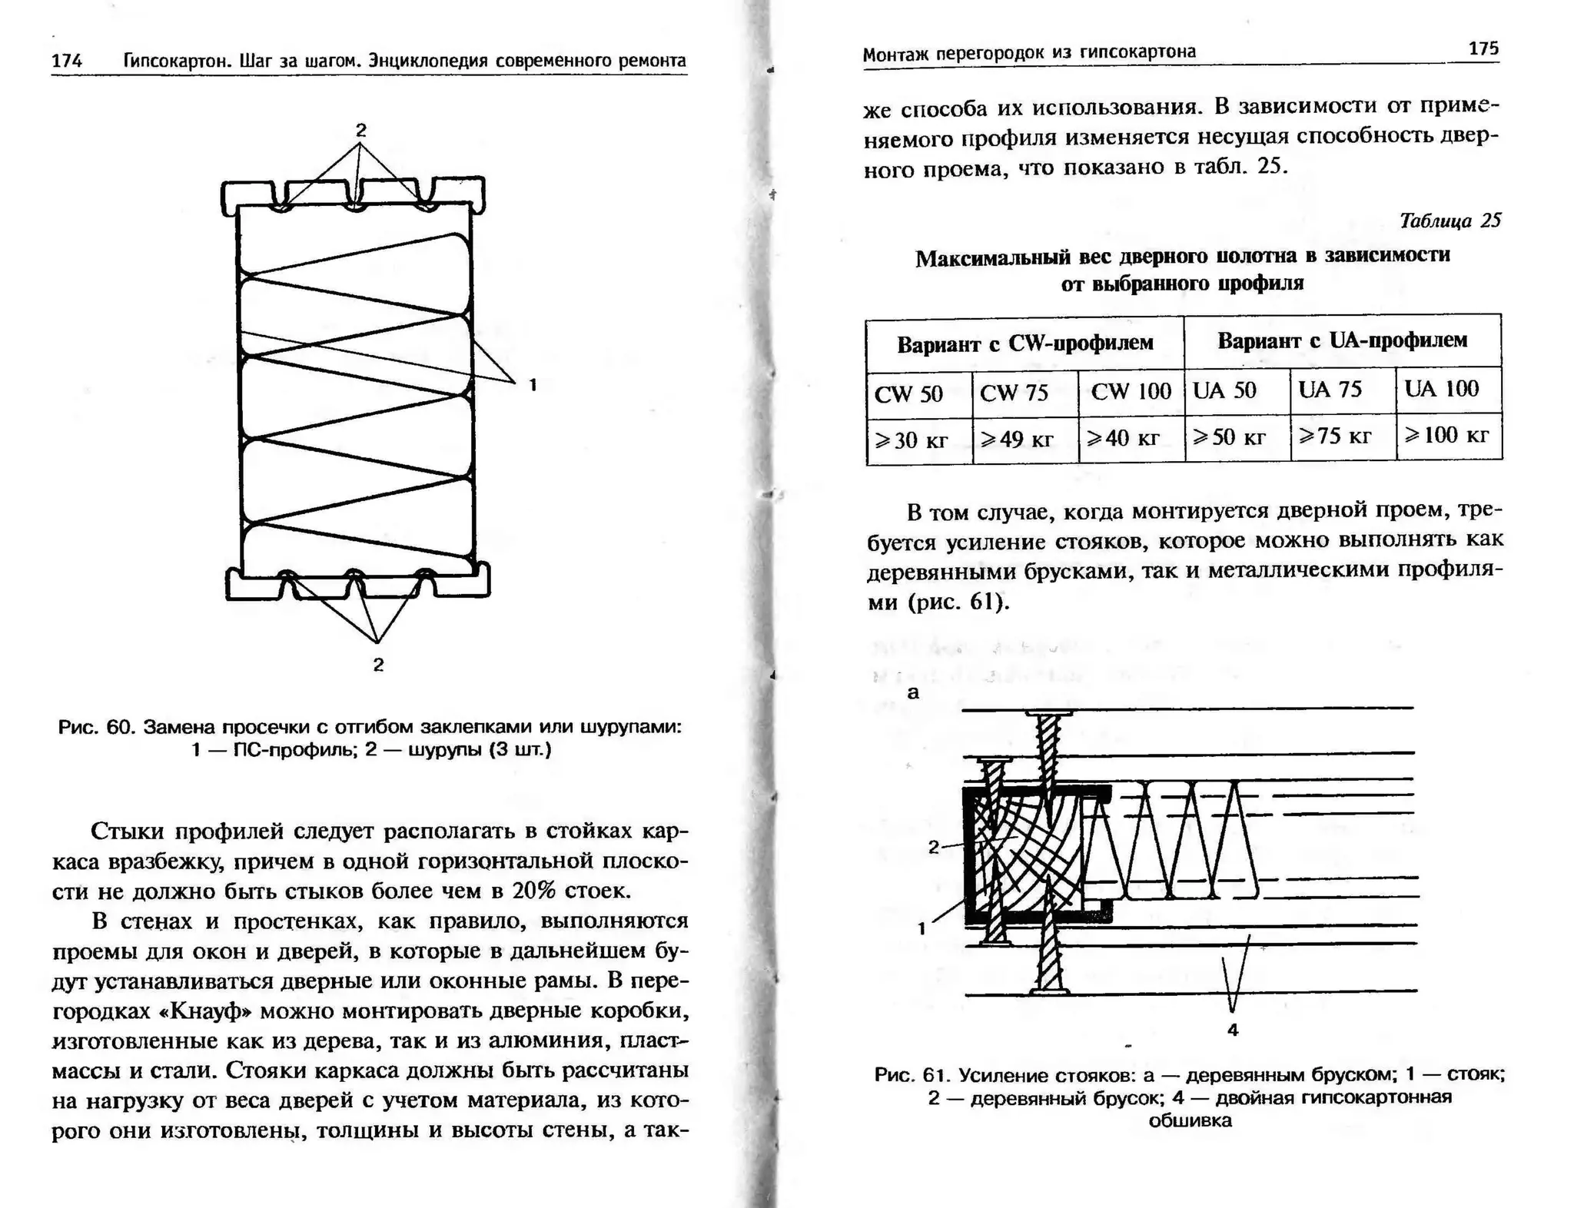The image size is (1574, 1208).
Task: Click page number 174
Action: tap(67, 61)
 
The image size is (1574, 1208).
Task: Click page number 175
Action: tap(1483, 48)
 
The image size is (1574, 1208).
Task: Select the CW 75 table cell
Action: tap(1014, 393)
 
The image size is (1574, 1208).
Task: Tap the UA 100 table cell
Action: tap(1441, 389)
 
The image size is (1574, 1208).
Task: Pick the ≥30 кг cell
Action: tap(912, 440)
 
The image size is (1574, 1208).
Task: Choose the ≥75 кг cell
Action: tap(1335, 436)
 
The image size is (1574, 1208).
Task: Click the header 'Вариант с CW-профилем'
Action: tap(1024, 343)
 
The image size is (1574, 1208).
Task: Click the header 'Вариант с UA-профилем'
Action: tap(1342, 340)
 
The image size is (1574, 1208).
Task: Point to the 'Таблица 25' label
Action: tap(1449, 221)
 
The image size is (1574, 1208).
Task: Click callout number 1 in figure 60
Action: tap(533, 385)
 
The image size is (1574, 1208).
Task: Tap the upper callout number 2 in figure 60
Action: tap(360, 130)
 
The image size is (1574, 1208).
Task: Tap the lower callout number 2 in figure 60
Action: tap(378, 665)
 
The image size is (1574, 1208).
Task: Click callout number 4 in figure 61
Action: tap(1233, 1030)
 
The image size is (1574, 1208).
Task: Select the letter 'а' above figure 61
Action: tap(913, 692)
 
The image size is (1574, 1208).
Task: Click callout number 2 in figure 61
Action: tap(933, 847)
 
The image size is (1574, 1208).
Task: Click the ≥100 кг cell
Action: tap(1447, 436)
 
